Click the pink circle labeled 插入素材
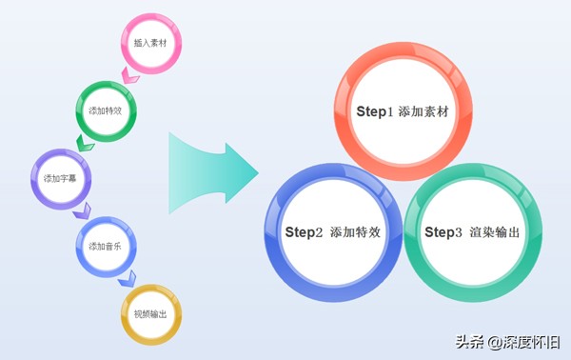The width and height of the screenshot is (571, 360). pos(149,43)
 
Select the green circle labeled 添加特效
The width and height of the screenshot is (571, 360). pos(105,110)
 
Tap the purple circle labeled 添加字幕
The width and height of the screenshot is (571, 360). pos(60,178)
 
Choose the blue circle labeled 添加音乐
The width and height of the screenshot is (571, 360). pos(105,246)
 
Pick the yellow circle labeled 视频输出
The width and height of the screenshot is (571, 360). pos(150,313)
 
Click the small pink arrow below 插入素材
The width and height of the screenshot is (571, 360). pos(129,75)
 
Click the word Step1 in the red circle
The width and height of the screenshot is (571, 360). pos(374,111)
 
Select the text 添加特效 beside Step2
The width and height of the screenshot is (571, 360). pos(356,232)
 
